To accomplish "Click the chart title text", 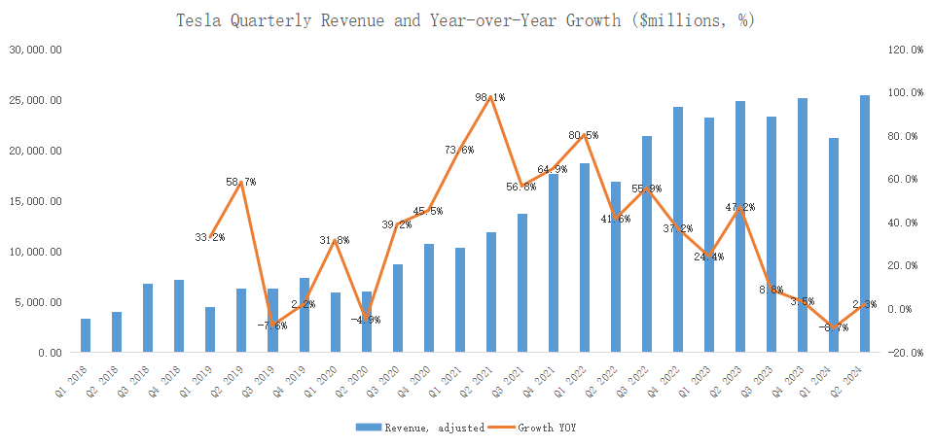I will coord(466,19).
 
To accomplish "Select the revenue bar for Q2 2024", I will coord(865,223).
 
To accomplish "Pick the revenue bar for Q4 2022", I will coord(678,229).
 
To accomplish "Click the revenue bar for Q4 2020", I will coord(429,298).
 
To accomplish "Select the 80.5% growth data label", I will coord(584,135).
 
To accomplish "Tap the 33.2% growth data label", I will coord(210,237).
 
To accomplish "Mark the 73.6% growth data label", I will coord(459,150).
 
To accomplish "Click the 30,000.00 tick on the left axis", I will coord(35,50).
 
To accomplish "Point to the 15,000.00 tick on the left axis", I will coord(35,201).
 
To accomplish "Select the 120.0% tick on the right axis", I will coord(904,50).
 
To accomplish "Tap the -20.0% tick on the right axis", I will coord(904,353).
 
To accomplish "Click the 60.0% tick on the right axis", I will coord(904,180).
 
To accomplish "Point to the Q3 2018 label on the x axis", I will coord(138,374).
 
